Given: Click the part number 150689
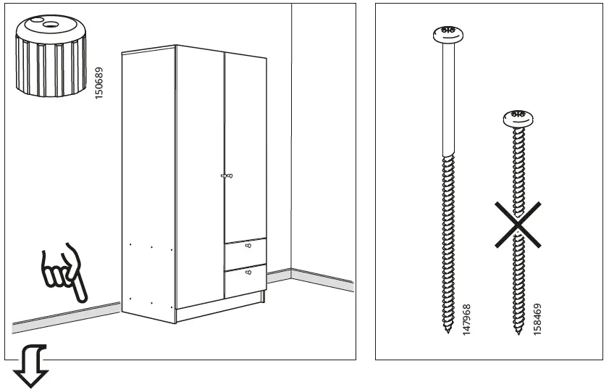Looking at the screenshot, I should (x=99, y=82).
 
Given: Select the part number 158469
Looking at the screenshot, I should (x=537, y=319).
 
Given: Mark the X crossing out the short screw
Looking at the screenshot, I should (x=518, y=225).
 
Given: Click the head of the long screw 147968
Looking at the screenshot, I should (x=445, y=33).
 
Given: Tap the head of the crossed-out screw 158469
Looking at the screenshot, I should (x=517, y=117).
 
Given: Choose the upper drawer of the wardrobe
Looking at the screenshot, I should (x=245, y=253).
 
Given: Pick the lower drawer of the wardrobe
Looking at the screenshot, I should (x=245, y=281).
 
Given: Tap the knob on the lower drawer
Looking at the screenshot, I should (x=249, y=273).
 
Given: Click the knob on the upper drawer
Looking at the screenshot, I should (x=249, y=246).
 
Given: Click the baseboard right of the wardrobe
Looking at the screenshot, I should (x=311, y=278).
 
